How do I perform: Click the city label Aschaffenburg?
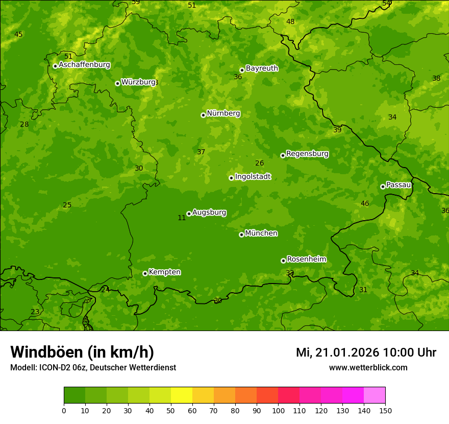click(x=84, y=65)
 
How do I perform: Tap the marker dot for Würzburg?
click(x=117, y=83)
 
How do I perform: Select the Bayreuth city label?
click(x=262, y=68)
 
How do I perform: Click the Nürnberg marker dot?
click(x=203, y=115)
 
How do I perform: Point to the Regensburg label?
click(x=307, y=153)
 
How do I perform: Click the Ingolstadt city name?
click(x=253, y=176)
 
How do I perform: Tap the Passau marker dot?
click(x=383, y=186)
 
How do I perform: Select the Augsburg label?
click(x=209, y=212)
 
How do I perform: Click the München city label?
click(x=261, y=233)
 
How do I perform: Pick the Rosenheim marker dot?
click(x=283, y=261)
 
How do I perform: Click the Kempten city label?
click(x=164, y=272)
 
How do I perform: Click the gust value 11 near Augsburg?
click(x=182, y=218)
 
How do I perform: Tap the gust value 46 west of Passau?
click(x=365, y=204)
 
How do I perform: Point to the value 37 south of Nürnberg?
click(x=201, y=152)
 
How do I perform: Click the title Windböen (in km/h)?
click(x=82, y=352)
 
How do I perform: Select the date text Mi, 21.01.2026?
click(x=337, y=352)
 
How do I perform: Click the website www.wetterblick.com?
click(x=368, y=368)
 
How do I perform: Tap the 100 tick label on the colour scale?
click(x=278, y=410)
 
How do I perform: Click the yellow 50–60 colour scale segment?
click(x=182, y=395)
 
